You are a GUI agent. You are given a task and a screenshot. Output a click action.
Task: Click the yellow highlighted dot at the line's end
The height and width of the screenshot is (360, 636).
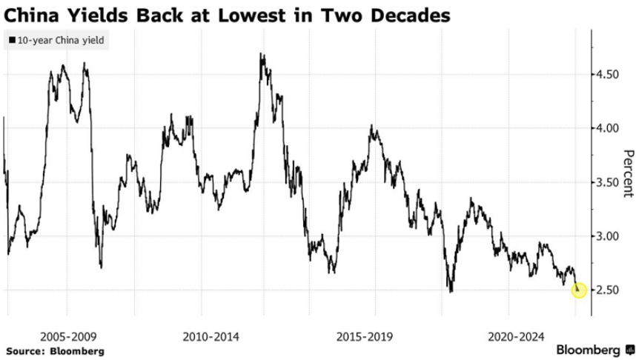click(x=580, y=291)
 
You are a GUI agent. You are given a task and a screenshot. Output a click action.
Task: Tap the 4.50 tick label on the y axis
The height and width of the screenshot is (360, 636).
click(x=610, y=75)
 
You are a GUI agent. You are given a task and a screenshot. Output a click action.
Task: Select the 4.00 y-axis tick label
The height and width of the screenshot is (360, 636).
click(x=610, y=129)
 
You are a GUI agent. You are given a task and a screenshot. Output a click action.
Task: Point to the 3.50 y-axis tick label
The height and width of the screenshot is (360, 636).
click(x=610, y=183)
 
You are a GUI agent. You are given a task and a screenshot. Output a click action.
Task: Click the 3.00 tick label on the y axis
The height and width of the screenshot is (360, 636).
click(x=610, y=237)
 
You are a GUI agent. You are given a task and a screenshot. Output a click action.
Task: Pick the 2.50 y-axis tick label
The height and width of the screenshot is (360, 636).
click(x=610, y=290)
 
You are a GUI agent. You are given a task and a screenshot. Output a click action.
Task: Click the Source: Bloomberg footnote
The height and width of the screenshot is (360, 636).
click(x=56, y=350)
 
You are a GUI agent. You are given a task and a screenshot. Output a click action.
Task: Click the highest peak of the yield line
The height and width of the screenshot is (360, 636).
click(x=262, y=54)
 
